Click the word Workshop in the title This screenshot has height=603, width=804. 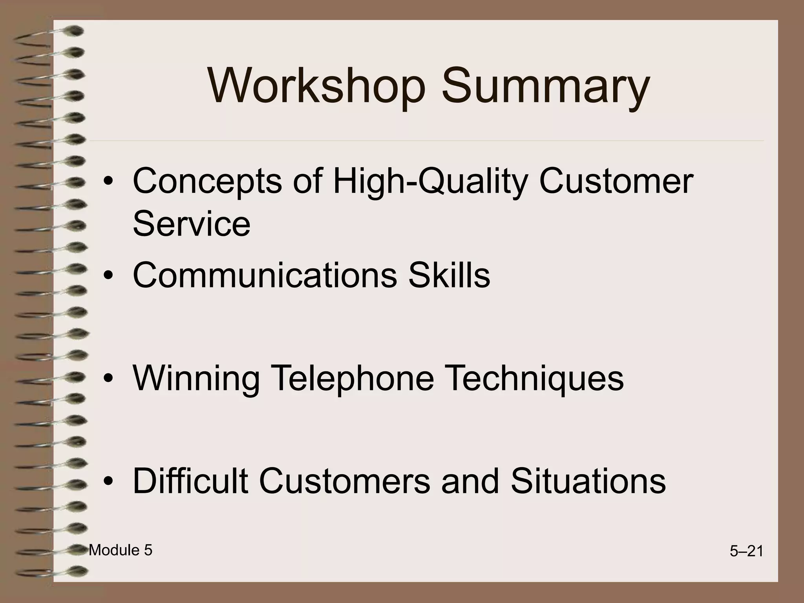click(316, 86)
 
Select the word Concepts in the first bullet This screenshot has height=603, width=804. click(207, 182)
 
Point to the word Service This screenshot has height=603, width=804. click(192, 224)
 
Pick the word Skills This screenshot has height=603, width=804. click(450, 275)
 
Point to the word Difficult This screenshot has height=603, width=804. click(190, 481)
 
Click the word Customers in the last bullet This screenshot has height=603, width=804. click(344, 481)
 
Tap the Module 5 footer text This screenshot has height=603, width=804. click(121, 550)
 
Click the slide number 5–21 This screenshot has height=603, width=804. click(746, 552)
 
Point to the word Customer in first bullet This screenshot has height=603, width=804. click(616, 182)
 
